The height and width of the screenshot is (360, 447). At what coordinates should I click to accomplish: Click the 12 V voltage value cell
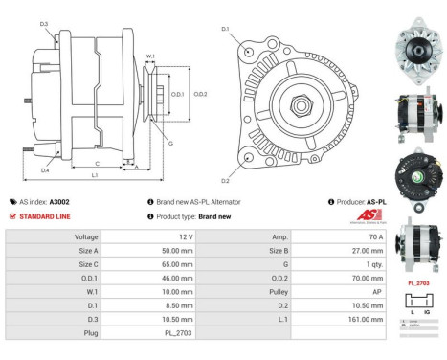(x=186, y=236)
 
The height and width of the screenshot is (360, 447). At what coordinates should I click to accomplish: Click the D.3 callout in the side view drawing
(x=44, y=24)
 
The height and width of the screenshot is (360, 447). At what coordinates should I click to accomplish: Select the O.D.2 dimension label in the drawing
(x=201, y=94)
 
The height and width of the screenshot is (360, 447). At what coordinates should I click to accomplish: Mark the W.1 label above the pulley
(x=150, y=56)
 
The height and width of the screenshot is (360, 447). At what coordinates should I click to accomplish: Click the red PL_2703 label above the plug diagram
(x=417, y=283)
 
